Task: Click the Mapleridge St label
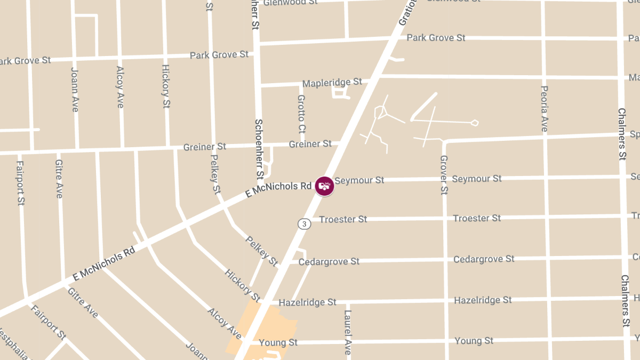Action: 332,83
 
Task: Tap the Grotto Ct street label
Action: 301,114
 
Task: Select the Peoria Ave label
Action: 544,109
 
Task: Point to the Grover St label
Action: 443,174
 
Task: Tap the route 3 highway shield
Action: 304,224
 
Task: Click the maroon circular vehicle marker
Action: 324,186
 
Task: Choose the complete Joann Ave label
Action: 75,89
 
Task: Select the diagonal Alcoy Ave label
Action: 225,323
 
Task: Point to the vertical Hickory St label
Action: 166,86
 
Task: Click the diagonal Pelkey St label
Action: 261,251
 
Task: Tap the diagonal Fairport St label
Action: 48,322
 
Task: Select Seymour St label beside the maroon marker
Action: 359,180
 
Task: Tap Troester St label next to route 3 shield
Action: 343,219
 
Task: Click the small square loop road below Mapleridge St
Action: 339,92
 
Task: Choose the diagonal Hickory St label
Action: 242,285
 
